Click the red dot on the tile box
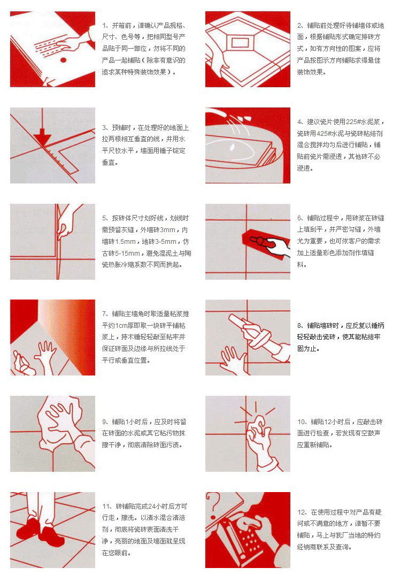63,60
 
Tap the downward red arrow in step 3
43,129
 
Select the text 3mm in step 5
167,230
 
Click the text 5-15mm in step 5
128,253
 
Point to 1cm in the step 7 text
120,325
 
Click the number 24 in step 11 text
151,506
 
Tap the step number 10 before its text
301,421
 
